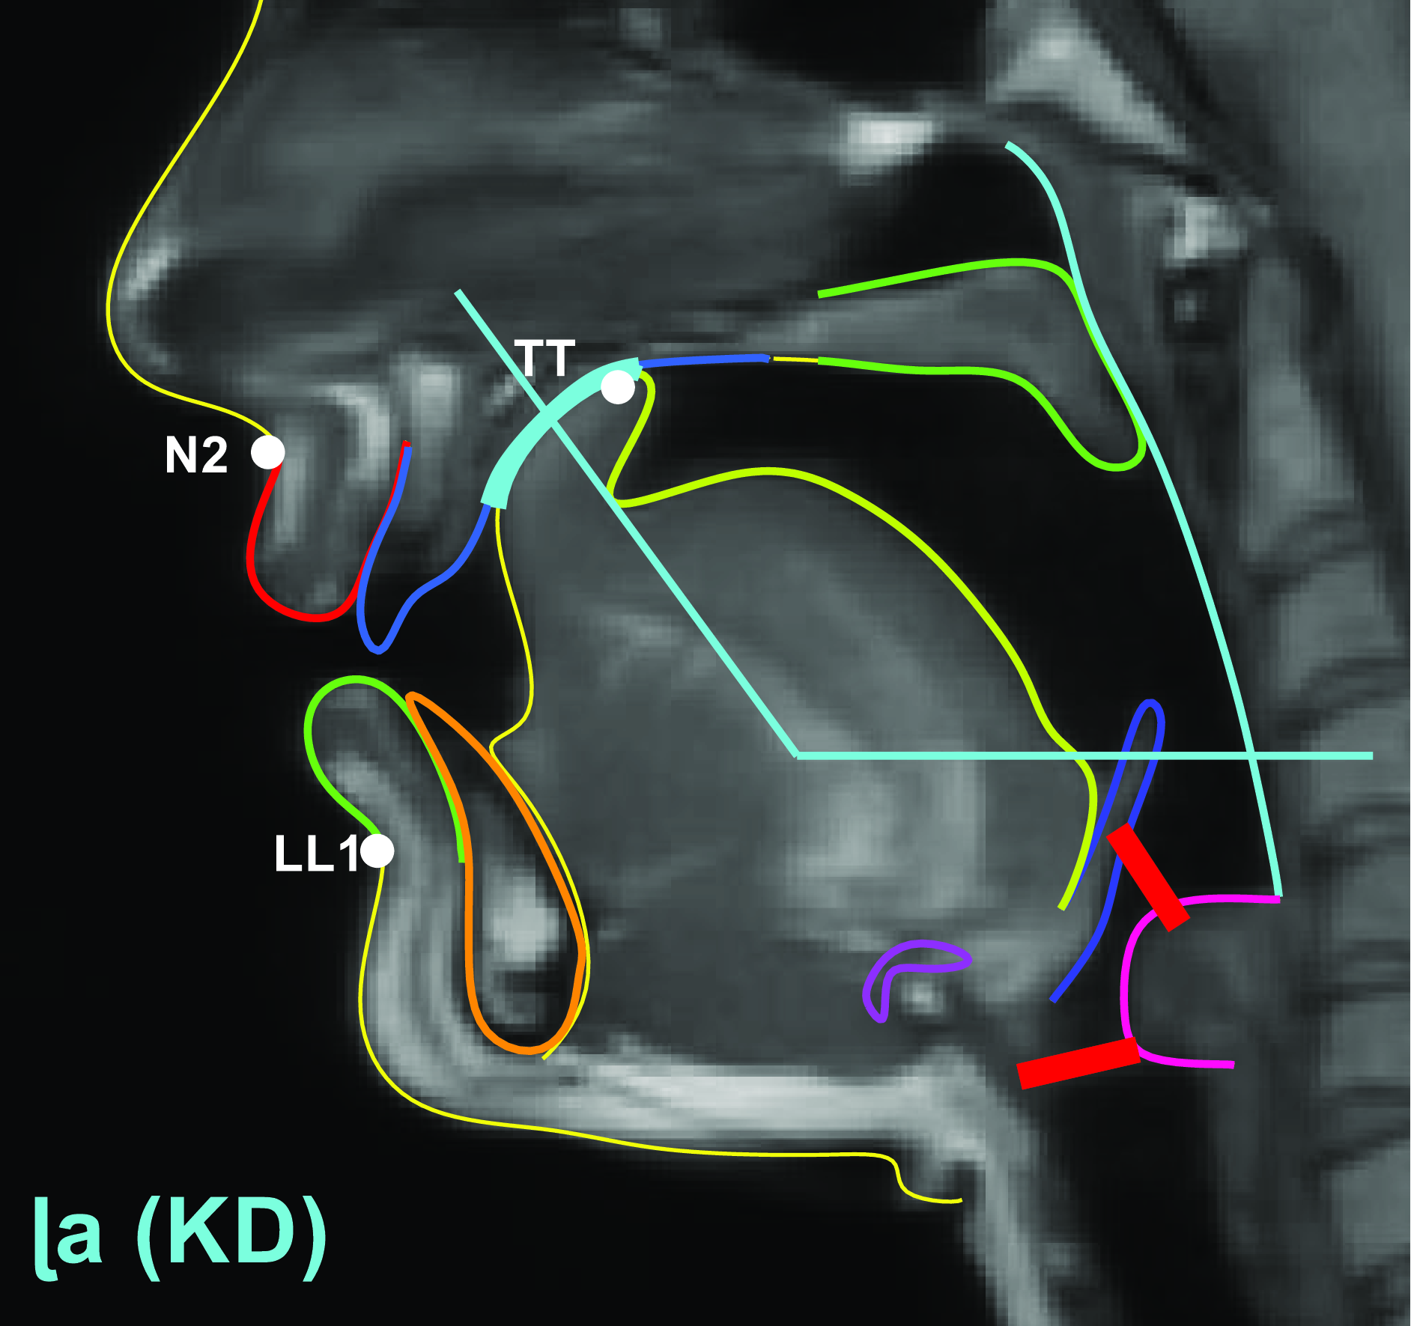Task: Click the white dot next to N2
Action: (x=267, y=451)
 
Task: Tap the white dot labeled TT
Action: (x=618, y=387)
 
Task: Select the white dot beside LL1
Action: (x=377, y=851)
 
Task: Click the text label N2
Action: (x=196, y=454)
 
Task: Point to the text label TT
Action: (x=544, y=359)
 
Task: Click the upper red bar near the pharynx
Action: (x=1147, y=877)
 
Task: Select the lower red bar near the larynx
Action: (x=1078, y=1062)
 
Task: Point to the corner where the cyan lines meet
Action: (x=797, y=755)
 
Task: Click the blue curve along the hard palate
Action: (x=704, y=360)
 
